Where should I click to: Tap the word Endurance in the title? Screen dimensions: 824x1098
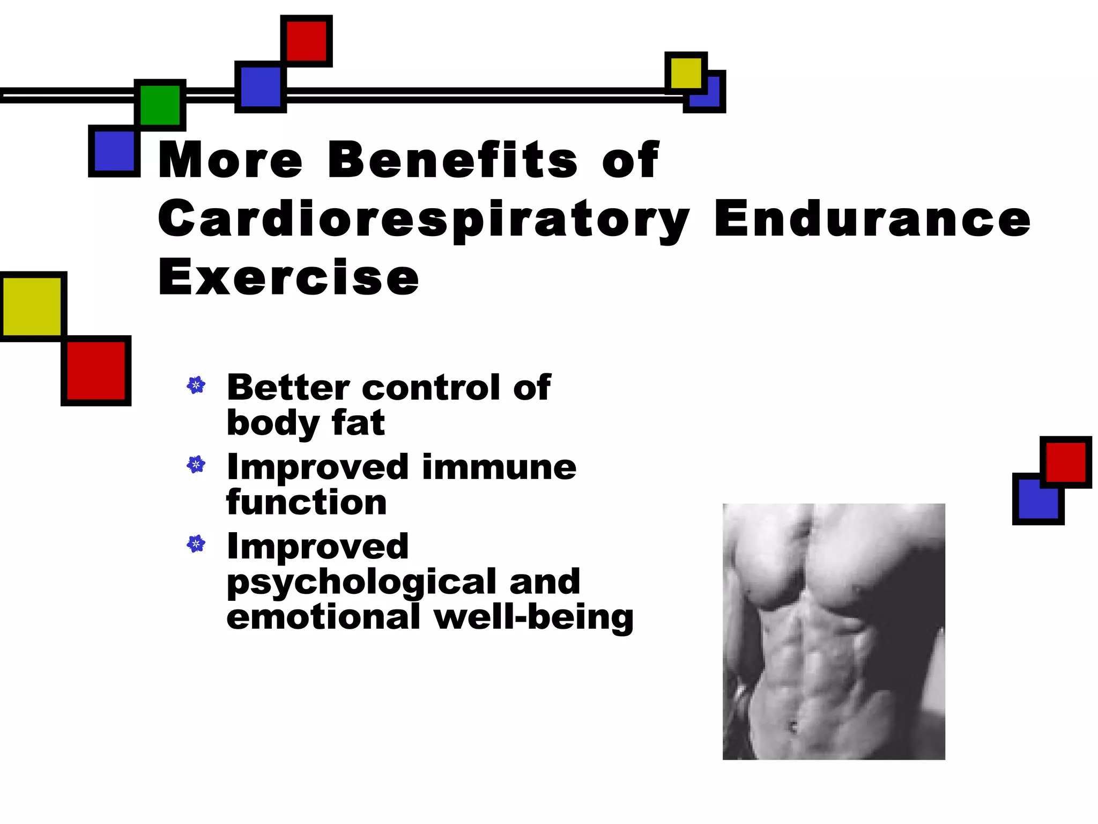pyautogui.click(x=872, y=218)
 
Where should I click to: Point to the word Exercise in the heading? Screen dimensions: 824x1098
pyautogui.click(x=288, y=277)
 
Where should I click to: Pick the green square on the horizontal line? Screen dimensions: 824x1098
pyautogui.click(x=160, y=105)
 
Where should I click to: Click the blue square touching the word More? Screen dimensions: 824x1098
pyautogui.click(x=114, y=151)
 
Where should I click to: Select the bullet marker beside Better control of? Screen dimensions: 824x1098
pyautogui.click(x=196, y=385)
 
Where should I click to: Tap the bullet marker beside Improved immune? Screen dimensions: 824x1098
pyautogui.click(x=196, y=465)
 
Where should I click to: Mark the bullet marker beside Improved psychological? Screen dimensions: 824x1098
pyautogui.click(x=196, y=544)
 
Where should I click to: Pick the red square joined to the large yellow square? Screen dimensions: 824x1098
pyautogui.click(x=96, y=371)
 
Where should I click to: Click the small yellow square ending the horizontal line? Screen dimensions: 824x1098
pyautogui.click(x=686, y=73)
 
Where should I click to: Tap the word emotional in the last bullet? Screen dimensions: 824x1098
pyautogui.click(x=323, y=617)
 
